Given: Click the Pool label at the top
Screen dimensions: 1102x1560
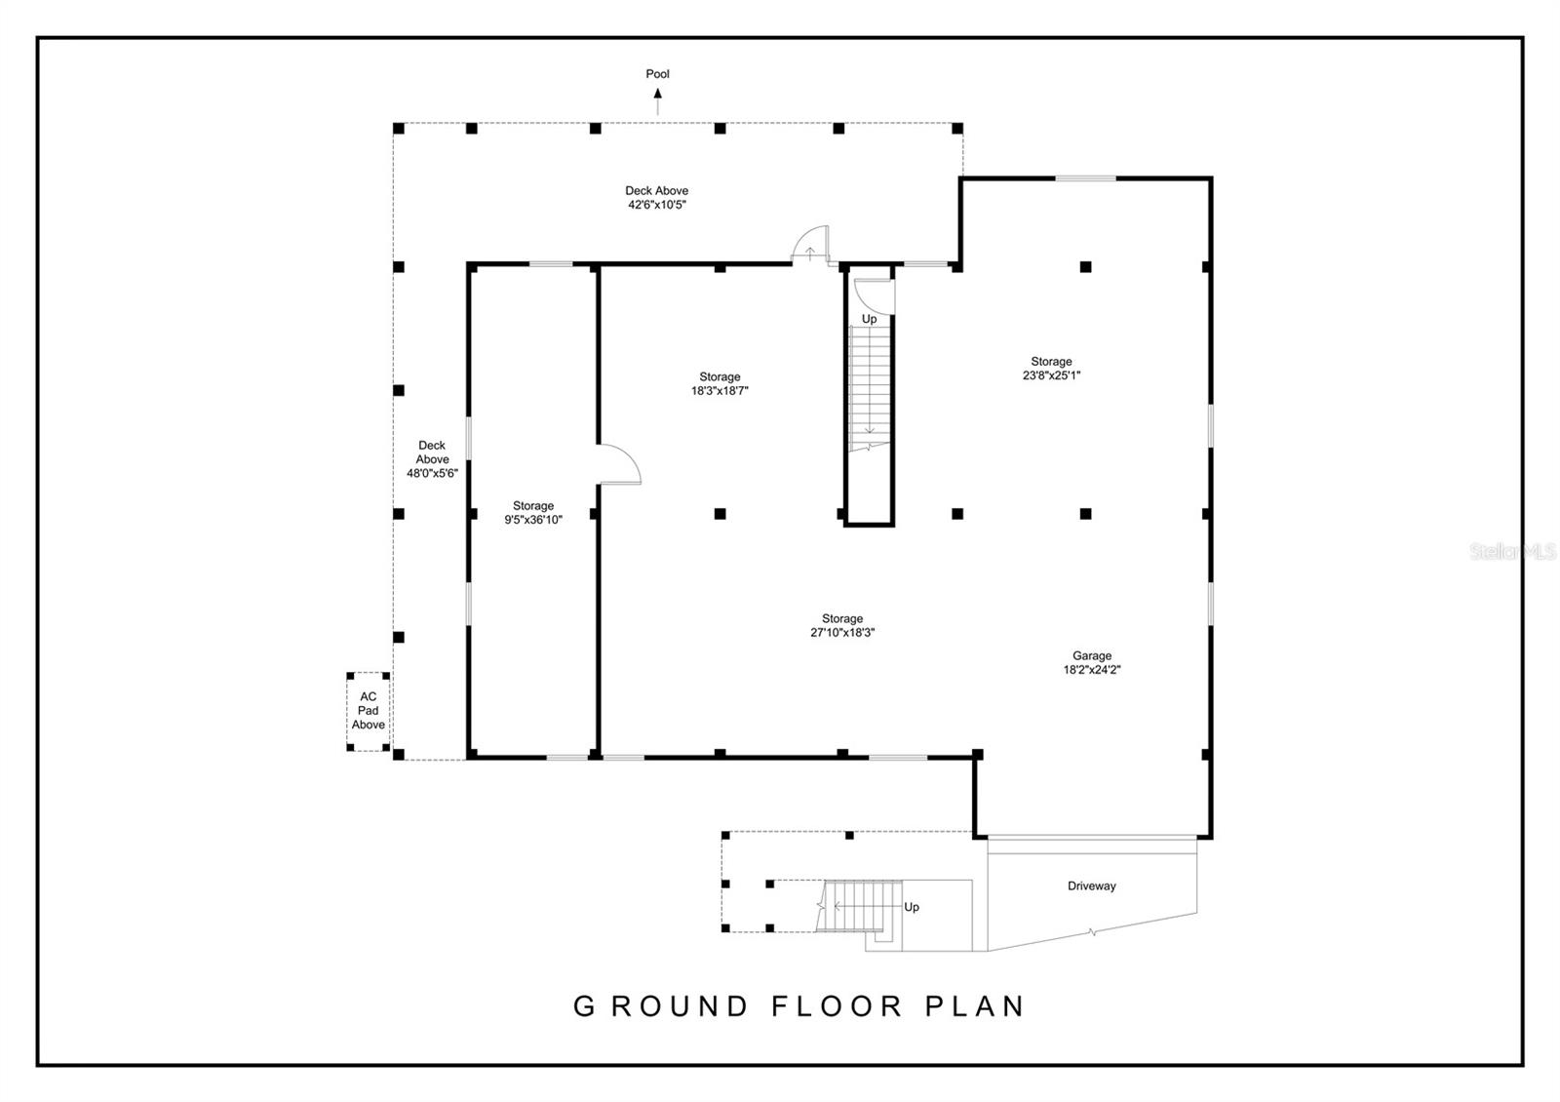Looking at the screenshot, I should [657, 74].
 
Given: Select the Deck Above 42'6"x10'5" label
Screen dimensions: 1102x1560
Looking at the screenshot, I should [656, 198].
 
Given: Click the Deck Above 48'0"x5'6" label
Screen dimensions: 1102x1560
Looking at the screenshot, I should [432, 459].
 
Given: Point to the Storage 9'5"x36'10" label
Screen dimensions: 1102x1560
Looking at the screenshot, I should [532, 513].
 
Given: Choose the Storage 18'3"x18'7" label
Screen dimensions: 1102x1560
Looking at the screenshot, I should [720, 383].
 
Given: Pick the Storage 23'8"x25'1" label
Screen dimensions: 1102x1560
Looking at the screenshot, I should [1051, 368].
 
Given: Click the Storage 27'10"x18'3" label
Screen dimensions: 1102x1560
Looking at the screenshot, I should [841, 625].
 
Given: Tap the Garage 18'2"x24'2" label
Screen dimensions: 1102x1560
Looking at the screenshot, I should [1092, 663].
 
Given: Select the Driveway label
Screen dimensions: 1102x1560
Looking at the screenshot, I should [1091, 886].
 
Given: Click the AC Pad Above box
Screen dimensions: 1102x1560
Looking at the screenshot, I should [369, 711].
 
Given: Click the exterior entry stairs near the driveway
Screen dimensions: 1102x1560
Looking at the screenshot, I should [858, 905].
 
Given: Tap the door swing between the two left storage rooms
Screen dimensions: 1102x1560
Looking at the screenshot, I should [618, 465].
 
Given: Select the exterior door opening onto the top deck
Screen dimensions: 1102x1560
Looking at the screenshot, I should [809, 246].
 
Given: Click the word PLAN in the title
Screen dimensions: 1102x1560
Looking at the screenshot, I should [974, 1006].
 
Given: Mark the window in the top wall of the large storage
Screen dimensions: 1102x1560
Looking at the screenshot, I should [1085, 178].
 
